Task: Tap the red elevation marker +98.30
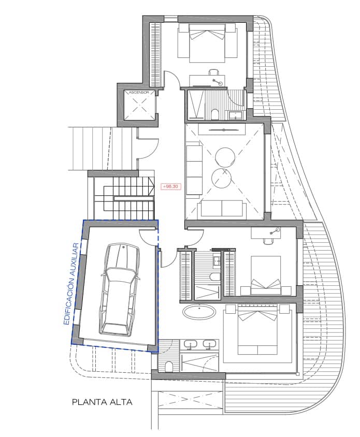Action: coord(170,186)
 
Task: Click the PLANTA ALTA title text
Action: coord(102,401)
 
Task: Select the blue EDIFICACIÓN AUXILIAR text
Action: coord(73,282)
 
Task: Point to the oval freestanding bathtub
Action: coord(199,312)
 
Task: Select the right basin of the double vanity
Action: coord(210,343)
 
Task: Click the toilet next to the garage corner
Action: coord(168,367)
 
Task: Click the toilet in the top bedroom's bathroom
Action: coord(214,113)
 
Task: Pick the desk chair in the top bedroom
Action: coord(213,73)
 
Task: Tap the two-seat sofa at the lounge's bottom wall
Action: coord(222,208)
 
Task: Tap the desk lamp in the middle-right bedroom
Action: coord(278,229)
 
